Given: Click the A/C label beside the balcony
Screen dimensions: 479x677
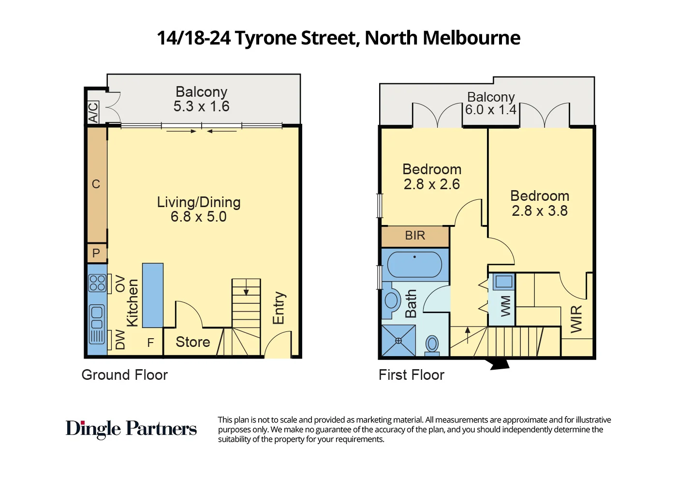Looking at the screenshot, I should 93,112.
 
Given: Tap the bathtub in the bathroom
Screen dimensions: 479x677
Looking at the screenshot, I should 414,264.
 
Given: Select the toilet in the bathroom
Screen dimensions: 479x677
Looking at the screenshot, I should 432,344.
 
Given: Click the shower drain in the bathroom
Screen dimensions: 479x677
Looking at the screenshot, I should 398,341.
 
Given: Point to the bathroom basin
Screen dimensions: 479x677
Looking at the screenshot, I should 391,300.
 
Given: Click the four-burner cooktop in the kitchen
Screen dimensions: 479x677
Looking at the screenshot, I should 97,283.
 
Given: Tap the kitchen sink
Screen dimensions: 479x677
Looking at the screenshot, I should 97,317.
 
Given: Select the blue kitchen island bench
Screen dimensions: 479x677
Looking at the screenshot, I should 153,295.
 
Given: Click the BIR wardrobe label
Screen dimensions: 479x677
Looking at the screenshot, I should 415,236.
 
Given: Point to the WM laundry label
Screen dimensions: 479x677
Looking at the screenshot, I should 505,306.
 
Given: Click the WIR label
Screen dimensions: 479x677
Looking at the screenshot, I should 576,319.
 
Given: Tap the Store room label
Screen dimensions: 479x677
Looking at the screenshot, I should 192,342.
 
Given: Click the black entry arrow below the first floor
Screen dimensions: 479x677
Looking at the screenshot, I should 500,364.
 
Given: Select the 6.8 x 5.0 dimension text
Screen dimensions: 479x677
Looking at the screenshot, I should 198,217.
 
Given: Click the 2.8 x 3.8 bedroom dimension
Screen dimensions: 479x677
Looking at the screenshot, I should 540,211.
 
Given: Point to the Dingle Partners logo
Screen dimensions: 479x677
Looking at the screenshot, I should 131,429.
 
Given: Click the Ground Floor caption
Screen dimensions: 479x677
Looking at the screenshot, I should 124,375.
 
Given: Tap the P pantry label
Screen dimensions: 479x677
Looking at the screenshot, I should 96,253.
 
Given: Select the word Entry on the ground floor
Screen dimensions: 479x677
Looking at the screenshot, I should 279,308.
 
